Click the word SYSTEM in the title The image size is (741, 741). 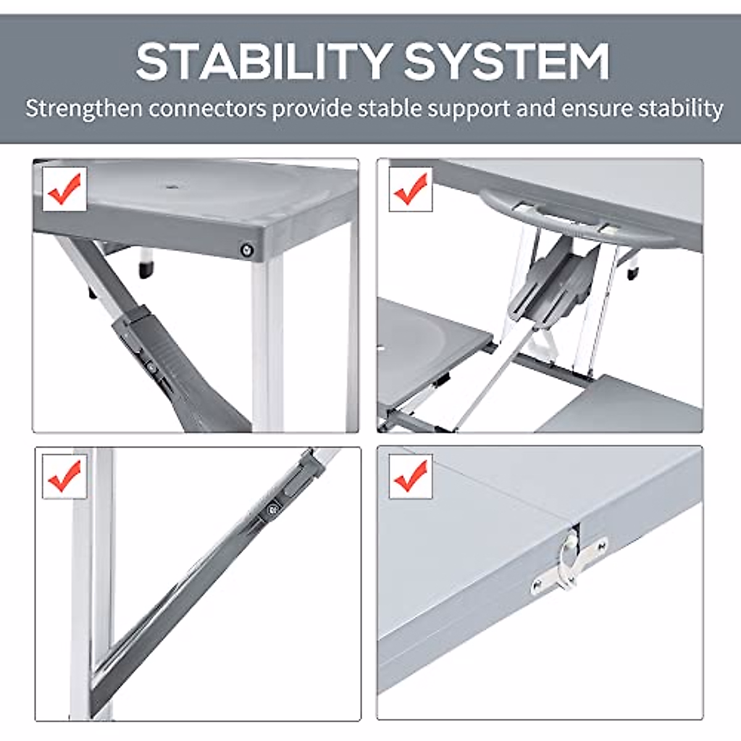(506, 62)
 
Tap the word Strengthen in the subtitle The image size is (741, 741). (84, 109)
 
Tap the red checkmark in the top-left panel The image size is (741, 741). (64, 186)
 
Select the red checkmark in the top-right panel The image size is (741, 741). (411, 187)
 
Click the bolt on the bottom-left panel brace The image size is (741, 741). (272, 509)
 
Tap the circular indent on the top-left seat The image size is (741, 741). (170, 186)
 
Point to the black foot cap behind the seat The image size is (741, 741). (147, 269)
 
